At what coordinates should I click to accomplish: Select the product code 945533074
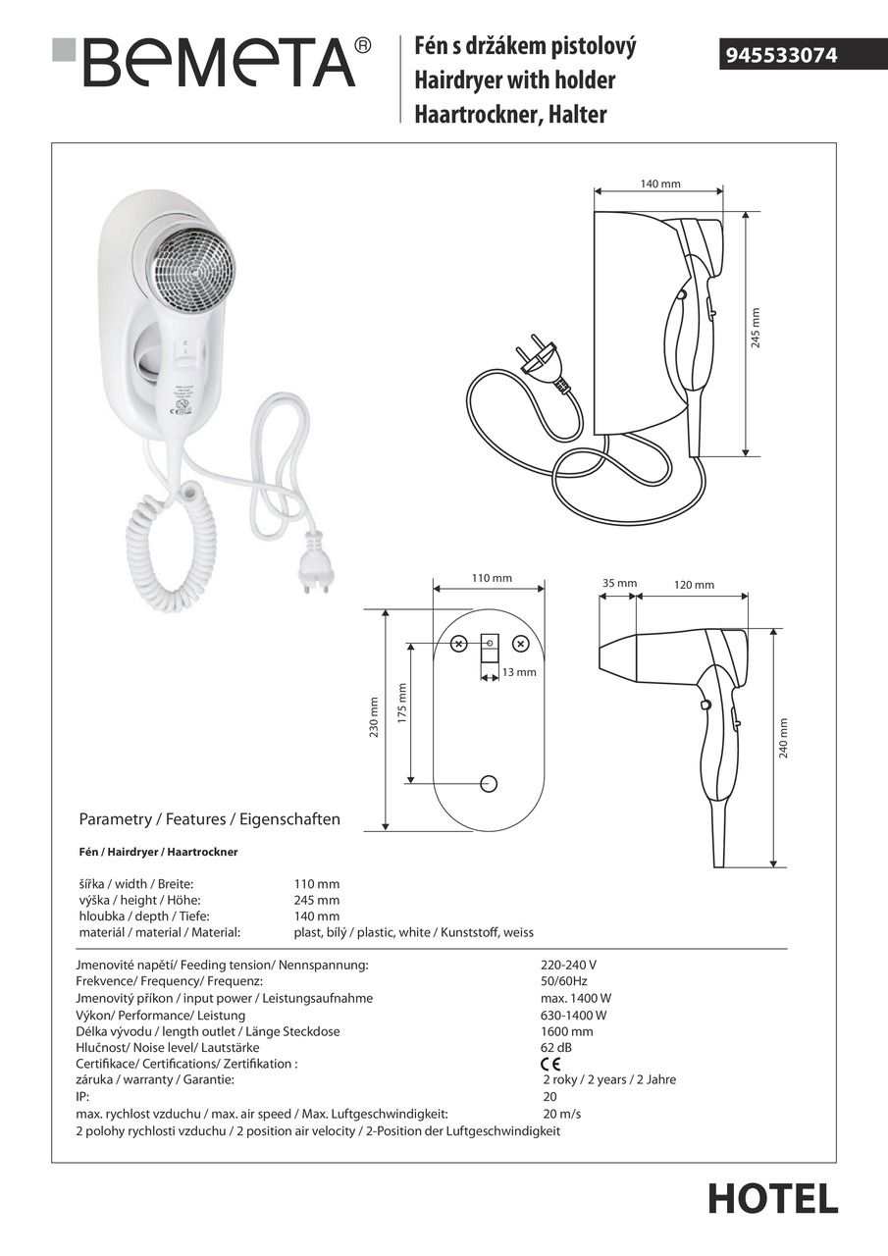pos(781,56)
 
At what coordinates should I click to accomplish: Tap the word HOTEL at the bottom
pos(773,1198)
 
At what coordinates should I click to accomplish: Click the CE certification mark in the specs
pos(550,1064)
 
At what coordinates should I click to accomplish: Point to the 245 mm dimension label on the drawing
pos(756,333)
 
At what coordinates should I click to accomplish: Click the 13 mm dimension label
pos(519,672)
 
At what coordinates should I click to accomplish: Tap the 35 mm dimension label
pos(619,584)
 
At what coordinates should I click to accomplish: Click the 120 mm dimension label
pos(694,585)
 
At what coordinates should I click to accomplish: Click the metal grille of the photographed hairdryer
pos(192,265)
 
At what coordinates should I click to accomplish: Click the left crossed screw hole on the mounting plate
pos(458,645)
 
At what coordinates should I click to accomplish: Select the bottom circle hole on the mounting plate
pos(489,783)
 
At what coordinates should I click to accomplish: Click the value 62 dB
pos(555,1048)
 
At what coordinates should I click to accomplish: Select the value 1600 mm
pos(567,1031)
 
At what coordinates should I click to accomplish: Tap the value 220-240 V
pos(569,965)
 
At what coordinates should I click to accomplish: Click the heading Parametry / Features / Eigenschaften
pos(209,818)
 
